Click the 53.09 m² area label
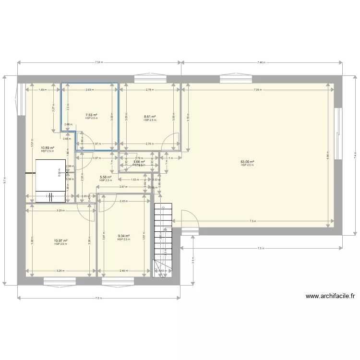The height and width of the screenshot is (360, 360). coord(247,162)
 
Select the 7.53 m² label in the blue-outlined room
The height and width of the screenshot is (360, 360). coord(91,115)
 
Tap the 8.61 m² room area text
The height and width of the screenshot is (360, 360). coord(150,117)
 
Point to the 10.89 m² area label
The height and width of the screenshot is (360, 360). coord(47,148)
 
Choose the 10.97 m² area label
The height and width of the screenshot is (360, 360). coord(60,241)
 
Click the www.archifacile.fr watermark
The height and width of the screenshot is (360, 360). coord(325,296)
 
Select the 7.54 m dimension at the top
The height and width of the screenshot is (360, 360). coord(99,62)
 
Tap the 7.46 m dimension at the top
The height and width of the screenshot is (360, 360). coord(261,62)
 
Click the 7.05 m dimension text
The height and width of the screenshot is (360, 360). coord(258,90)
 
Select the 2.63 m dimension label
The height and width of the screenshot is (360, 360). coord(89,90)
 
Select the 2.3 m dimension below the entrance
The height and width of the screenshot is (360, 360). coord(192,261)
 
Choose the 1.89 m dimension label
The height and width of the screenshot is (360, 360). coord(42,90)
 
